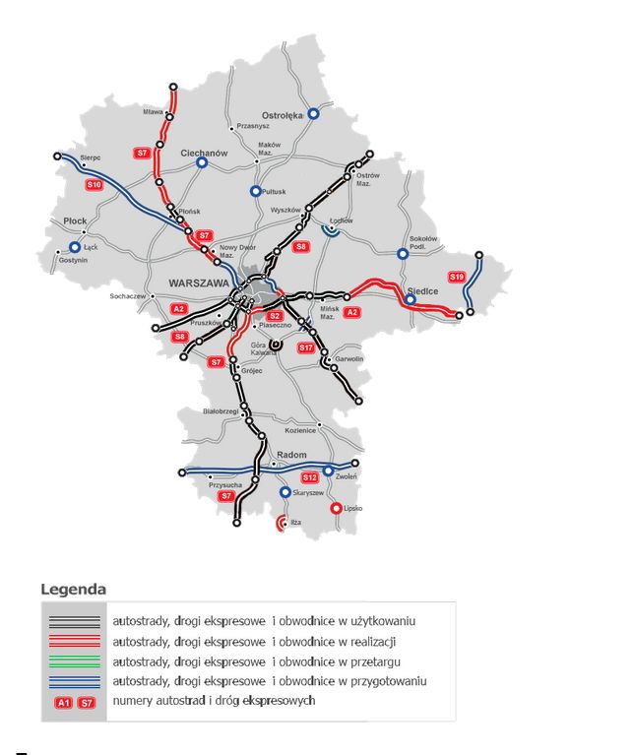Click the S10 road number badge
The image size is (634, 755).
[x=95, y=185]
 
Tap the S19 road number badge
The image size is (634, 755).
[x=457, y=278]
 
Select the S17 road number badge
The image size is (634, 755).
[x=306, y=348]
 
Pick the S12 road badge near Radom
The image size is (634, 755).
[x=310, y=477]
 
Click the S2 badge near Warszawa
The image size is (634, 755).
[x=276, y=316]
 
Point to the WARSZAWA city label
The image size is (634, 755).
[x=199, y=283]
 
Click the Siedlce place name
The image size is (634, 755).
[x=423, y=291]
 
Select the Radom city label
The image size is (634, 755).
[x=292, y=455]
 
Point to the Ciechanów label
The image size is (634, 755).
[x=205, y=154]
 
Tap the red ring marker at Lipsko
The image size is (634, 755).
[x=336, y=509]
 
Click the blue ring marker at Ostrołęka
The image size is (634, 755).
[x=314, y=114]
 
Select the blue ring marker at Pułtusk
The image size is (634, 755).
[x=256, y=191]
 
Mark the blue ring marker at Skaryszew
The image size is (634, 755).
[x=285, y=492]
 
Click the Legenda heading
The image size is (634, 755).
[x=73, y=590]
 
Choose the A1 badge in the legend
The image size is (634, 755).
[x=64, y=703]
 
